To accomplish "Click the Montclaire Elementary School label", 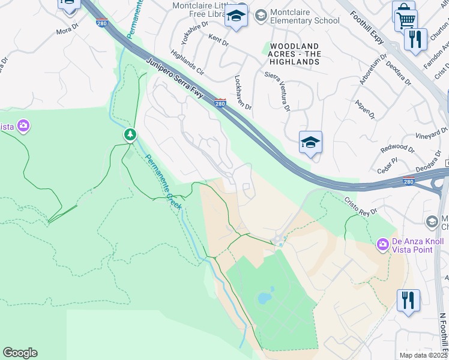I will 304,16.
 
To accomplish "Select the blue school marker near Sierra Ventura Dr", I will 310,143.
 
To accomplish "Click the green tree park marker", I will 130,134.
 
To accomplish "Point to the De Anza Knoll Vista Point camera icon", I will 382,245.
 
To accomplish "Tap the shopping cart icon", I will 406,19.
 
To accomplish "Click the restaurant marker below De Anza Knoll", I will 408,299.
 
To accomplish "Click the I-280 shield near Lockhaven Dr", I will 220,103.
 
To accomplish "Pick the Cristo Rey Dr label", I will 360,206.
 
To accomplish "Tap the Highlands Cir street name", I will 187,62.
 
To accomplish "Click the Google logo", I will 20,353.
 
